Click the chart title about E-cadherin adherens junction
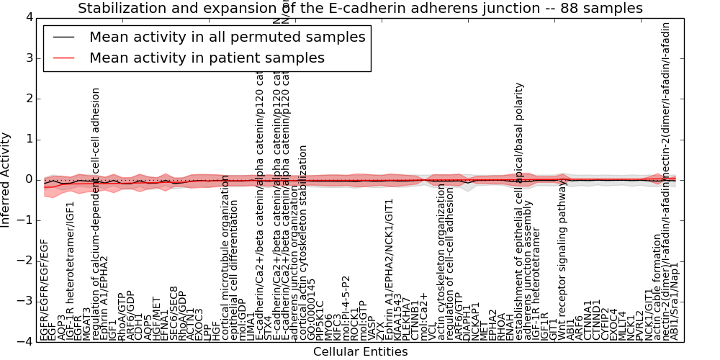tap(360, 9)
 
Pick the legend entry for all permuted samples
tap(227, 37)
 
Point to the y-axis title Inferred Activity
tap(6, 179)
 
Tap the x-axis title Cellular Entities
tap(360, 351)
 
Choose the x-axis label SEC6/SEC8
tap(174, 313)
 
